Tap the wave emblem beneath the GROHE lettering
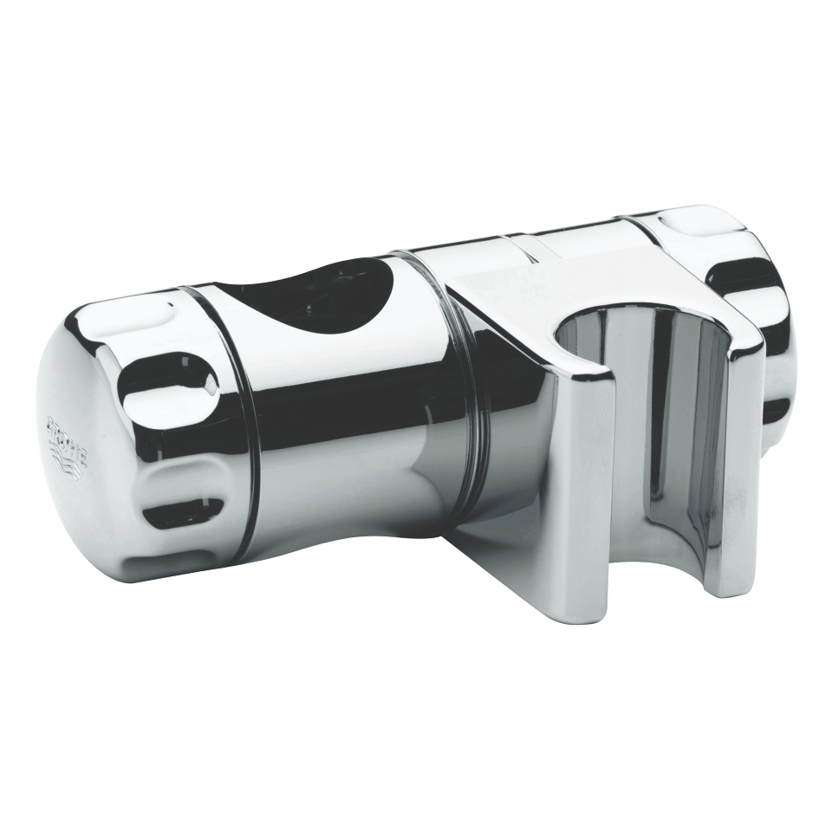click(x=73, y=459)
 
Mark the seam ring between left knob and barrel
click(x=238, y=416)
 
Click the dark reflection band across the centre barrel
click(x=347, y=407)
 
